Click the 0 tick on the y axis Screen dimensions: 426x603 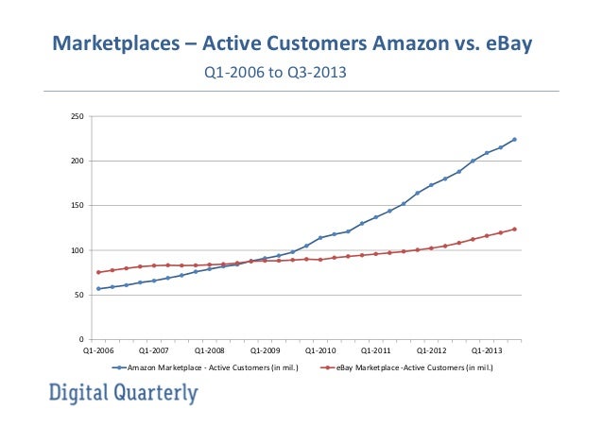[x=81, y=339]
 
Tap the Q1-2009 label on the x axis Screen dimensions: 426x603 [x=265, y=349]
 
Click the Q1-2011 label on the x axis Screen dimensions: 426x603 [x=376, y=349]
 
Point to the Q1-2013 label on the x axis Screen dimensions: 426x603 [x=487, y=349]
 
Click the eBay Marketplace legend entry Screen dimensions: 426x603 [x=407, y=367]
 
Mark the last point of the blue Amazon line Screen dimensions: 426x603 [x=514, y=140]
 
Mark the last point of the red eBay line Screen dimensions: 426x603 [x=514, y=229]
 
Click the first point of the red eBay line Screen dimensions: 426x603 [x=98, y=272]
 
